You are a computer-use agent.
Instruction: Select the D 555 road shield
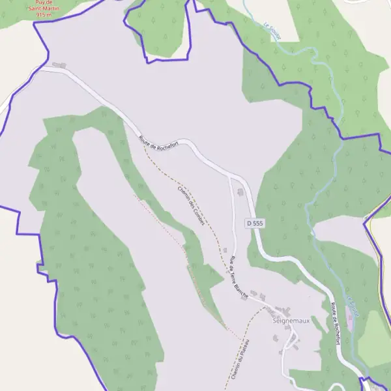tap(255, 223)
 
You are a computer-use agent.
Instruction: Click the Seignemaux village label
tap(290, 321)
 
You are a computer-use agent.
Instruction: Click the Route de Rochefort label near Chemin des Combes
tap(158, 143)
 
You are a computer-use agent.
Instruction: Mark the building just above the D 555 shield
tap(240, 192)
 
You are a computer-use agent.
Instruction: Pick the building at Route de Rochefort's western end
tap(59, 65)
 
